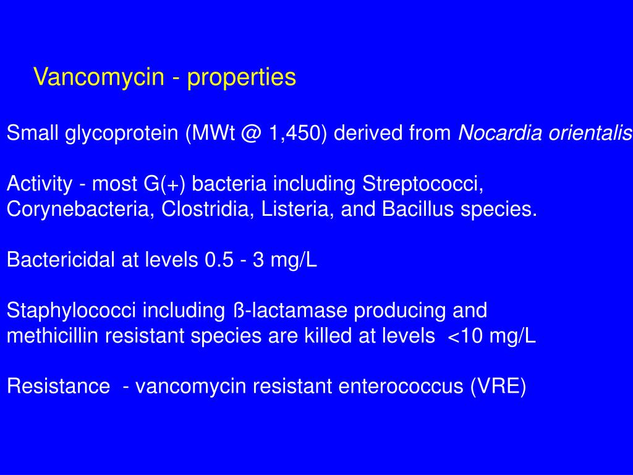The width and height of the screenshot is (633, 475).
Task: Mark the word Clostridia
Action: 206,210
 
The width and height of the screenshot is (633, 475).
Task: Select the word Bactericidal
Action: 61,260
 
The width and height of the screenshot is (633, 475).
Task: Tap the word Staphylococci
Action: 72,310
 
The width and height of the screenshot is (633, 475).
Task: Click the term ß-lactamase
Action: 287,310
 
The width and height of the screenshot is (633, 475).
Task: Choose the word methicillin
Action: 53,336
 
